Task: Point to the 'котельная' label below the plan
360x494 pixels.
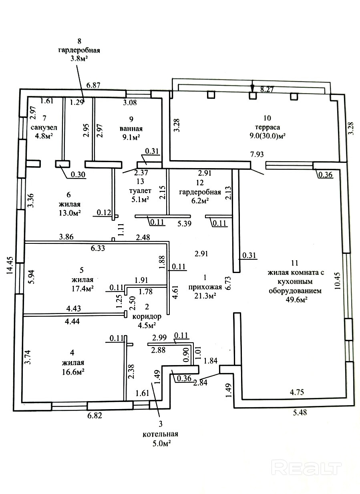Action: pos(160,434)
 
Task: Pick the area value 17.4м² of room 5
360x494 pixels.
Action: pos(82,288)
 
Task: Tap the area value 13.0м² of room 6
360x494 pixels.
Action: pos(69,213)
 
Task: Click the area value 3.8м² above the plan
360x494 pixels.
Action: pos(78,59)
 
